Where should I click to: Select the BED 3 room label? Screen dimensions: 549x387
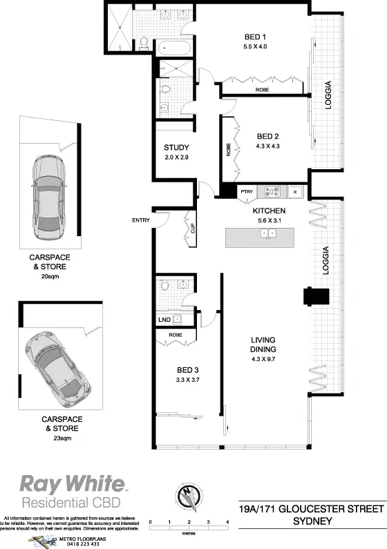tap(188, 369)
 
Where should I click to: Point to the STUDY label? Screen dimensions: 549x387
tap(176, 148)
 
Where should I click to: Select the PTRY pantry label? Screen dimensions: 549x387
tap(246, 192)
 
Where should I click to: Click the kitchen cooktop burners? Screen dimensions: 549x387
tap(271, 192)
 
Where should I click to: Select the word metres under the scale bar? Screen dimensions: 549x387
tap(188, 532)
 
